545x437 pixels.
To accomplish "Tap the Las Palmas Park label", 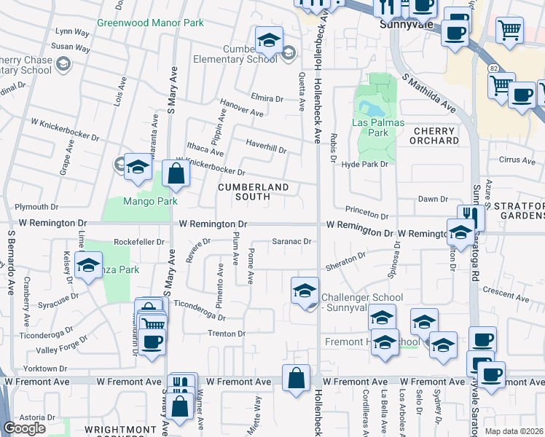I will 378,127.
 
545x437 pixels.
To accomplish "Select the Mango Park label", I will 150,201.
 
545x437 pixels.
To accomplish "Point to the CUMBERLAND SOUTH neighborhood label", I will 254,192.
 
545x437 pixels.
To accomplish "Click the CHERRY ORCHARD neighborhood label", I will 435,135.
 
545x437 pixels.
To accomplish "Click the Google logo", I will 24,428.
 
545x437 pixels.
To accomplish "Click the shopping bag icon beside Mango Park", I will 176,174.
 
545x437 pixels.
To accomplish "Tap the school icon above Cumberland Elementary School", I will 269,41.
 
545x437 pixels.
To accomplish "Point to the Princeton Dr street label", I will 367,215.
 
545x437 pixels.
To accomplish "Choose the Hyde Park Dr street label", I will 366,165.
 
